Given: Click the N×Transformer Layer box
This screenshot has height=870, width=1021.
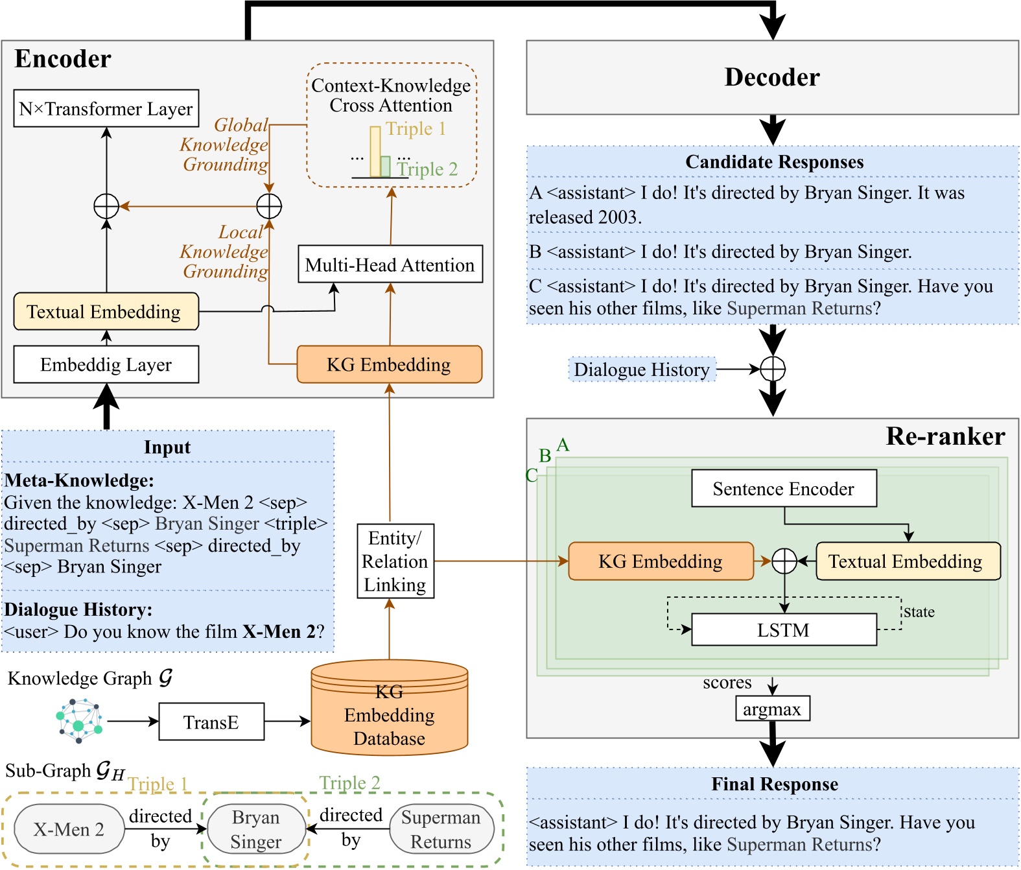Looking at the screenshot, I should (106, 108).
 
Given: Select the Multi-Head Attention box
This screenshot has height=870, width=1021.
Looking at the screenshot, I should (390, 265).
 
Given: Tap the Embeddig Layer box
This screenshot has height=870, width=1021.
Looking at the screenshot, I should (106, 364).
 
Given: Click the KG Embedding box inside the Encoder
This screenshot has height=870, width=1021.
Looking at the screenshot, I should (389, 364).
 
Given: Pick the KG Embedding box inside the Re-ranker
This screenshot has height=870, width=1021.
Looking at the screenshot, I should (661, 561).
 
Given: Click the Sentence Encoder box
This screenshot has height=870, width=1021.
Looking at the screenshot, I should (784, 489).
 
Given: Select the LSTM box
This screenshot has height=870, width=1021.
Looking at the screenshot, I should (784, 630).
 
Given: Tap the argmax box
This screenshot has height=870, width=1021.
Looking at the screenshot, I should (772, 709).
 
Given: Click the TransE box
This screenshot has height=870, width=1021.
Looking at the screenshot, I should (211, 722).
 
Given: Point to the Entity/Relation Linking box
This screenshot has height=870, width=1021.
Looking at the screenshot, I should (395, 561).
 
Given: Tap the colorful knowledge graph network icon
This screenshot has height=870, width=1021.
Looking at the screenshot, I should (79, 720).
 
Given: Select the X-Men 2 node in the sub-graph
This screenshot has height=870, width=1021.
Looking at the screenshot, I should (69, 829).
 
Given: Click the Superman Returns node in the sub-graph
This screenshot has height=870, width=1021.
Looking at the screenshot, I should (441, 829).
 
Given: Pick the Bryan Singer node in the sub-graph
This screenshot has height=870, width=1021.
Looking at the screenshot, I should (256, 829).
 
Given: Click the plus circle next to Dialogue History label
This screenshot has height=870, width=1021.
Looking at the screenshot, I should (773, 369).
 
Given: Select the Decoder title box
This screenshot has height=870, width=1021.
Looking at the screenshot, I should (772, 77).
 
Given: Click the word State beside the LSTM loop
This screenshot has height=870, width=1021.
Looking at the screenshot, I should (919, 612).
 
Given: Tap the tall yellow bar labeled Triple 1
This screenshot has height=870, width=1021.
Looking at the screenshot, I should (375, 151).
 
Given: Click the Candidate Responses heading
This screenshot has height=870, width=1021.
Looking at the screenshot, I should (775, 162).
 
